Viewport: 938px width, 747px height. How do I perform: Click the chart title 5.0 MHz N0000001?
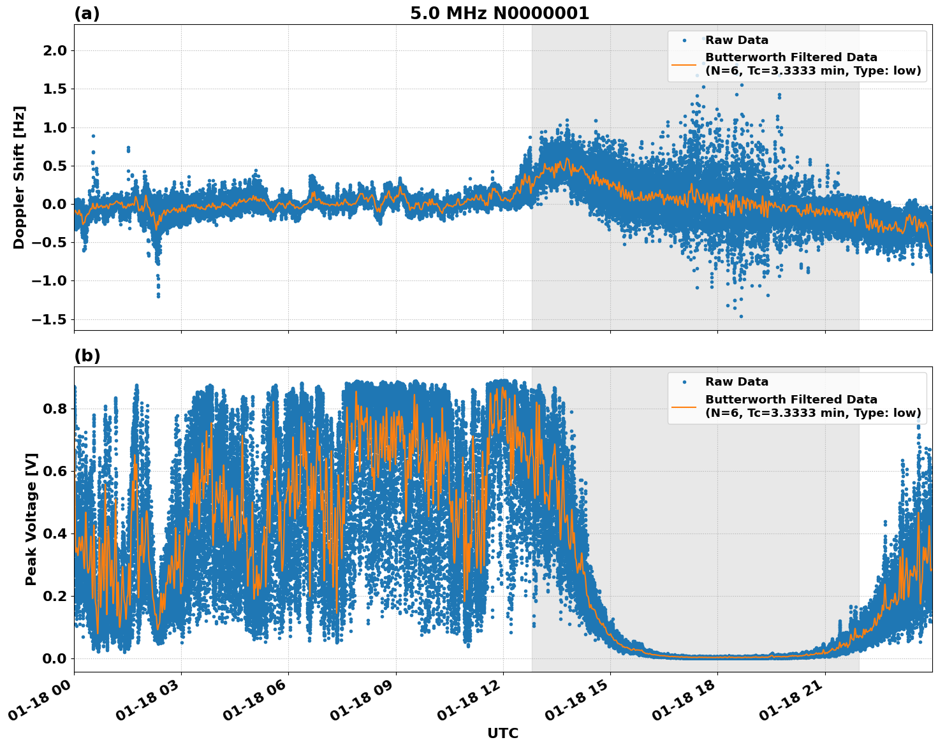[x=499, y=13]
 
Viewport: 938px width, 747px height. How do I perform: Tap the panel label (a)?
[x=87, y=13]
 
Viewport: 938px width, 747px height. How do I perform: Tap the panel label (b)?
[x=87, y=356]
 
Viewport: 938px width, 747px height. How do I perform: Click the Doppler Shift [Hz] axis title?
[x=19, y=177]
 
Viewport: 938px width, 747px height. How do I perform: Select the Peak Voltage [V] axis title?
[x=31, y=519]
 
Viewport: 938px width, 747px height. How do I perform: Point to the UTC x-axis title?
[x=502, y=733]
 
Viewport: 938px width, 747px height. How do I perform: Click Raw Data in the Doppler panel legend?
[x=736, y=40]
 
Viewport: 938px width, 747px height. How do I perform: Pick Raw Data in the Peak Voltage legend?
[x=736, y=382]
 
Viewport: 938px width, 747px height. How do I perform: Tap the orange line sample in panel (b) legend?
[x=684, y=406]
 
